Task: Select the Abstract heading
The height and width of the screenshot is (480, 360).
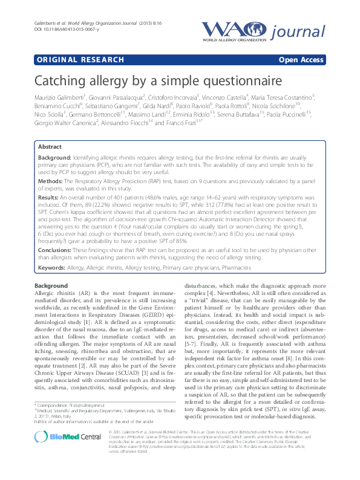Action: click(50, 147)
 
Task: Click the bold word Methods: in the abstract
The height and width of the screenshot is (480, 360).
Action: click(52, 180)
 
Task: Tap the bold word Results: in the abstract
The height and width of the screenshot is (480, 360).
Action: click(50, 197)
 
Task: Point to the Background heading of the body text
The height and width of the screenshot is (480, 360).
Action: click(51, 285)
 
